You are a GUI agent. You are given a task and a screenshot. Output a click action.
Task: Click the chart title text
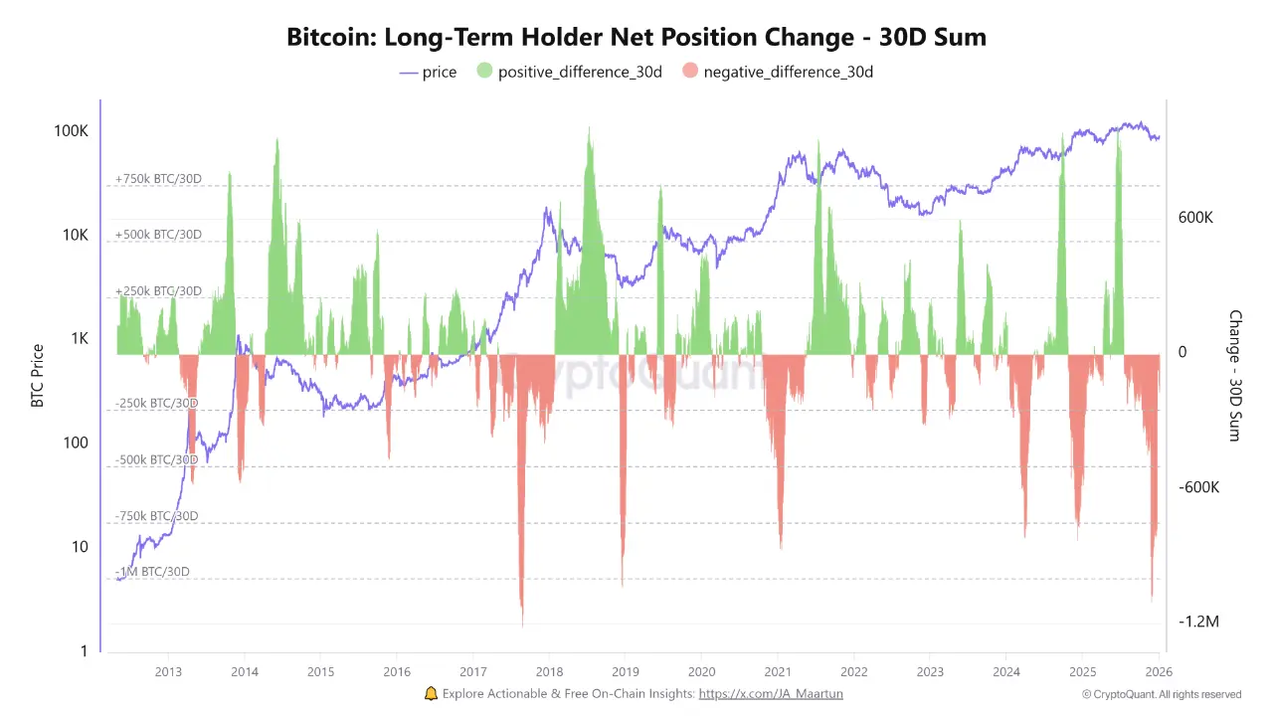point(636,38)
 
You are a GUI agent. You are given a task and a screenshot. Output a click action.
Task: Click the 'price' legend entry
point(428,72)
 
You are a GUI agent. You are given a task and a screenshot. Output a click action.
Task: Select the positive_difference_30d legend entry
point(569,72)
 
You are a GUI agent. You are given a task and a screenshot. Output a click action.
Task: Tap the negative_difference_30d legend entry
point(777,72)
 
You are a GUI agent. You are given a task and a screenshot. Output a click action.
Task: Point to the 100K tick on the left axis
point(71,131)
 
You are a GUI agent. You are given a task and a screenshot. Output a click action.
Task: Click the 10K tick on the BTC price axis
point(75,236)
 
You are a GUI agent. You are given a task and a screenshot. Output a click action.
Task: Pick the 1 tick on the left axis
point(84,651)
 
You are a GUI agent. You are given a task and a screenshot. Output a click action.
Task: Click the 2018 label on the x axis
point(549,671)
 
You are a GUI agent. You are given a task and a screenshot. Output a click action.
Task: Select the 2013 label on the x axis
point(168,671)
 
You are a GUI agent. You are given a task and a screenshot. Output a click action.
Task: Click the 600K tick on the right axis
point(1195,218)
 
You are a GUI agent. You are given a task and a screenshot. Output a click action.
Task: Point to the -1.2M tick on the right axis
point(1198,622)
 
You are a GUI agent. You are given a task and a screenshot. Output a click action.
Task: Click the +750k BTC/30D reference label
point(158,179)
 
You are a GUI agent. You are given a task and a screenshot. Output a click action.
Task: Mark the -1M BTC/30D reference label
point(154,572)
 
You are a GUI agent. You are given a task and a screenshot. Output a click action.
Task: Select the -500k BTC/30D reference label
point(156,459)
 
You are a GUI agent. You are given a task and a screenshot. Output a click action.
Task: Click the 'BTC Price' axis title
point(38,376)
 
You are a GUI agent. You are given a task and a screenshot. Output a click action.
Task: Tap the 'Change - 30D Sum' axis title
point(1235,376)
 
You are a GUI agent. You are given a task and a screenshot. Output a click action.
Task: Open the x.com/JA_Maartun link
point(771,694)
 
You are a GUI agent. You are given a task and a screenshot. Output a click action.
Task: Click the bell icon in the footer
point(431,693)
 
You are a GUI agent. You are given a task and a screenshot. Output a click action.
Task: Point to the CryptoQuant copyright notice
point(1162,694)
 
